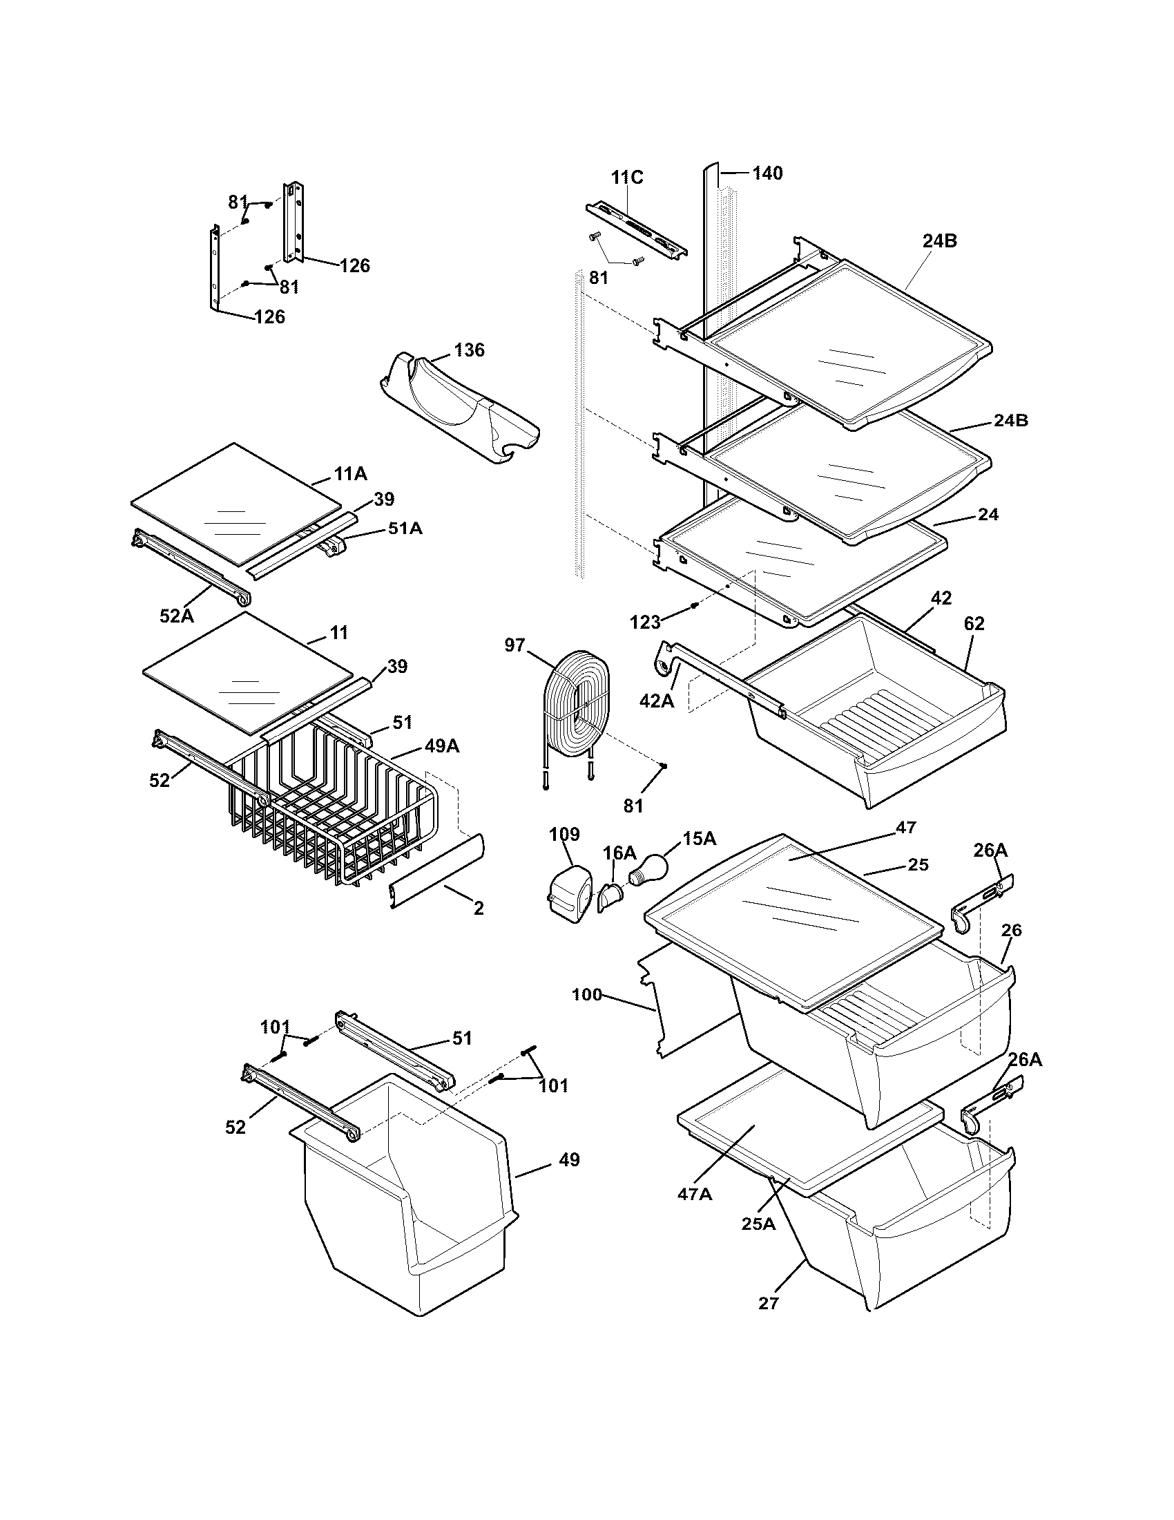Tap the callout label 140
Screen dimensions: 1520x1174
(767, 173)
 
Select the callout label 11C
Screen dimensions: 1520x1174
(626, 178)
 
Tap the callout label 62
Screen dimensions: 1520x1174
(974, 625)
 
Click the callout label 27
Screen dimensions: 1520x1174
(768, 1303)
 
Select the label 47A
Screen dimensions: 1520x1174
(694, 1194)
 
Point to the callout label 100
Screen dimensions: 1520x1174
(586, 995)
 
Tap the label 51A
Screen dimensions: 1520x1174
(405, 529)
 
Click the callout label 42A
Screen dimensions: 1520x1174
(657, 701)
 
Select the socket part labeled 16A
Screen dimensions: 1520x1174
(608, 895)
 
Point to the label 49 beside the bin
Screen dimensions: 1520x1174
(568, 1160)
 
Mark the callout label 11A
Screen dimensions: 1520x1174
(350, 475)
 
